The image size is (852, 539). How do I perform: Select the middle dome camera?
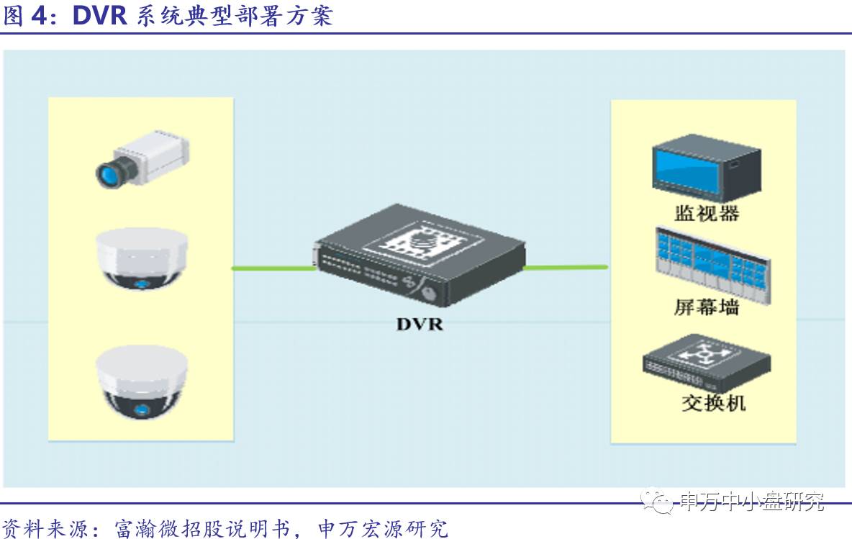[142, 260]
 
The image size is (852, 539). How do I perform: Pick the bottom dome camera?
[142, 382]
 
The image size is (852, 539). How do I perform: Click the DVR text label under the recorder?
[420, 325]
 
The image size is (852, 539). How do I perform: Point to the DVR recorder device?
[420, 255]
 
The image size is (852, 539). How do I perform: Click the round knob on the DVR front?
[430, 294]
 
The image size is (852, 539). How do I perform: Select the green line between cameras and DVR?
[273, 268]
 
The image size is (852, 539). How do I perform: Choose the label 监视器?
[707, 214]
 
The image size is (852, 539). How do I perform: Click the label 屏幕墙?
[707, 307]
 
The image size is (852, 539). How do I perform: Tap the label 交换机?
[713, 402]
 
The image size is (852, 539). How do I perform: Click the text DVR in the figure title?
[100, 15]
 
